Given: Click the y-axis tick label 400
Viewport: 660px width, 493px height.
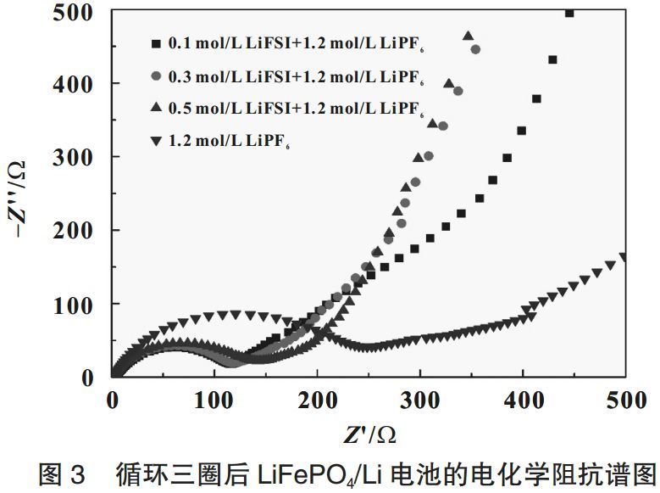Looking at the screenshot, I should coord(79,84).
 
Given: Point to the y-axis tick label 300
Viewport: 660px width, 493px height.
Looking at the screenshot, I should coord(79,157).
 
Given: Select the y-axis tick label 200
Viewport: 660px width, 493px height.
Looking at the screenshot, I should coord(79,230).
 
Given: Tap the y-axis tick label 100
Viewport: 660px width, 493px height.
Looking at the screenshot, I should coord(79,304).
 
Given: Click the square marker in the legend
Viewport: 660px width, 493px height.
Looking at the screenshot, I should coord(155,42).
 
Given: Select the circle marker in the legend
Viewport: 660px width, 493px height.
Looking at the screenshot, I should coord(155,76).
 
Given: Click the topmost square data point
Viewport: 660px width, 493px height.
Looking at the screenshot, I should coord(569,13).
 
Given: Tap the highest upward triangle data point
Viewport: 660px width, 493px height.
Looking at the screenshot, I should coord(468,36).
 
